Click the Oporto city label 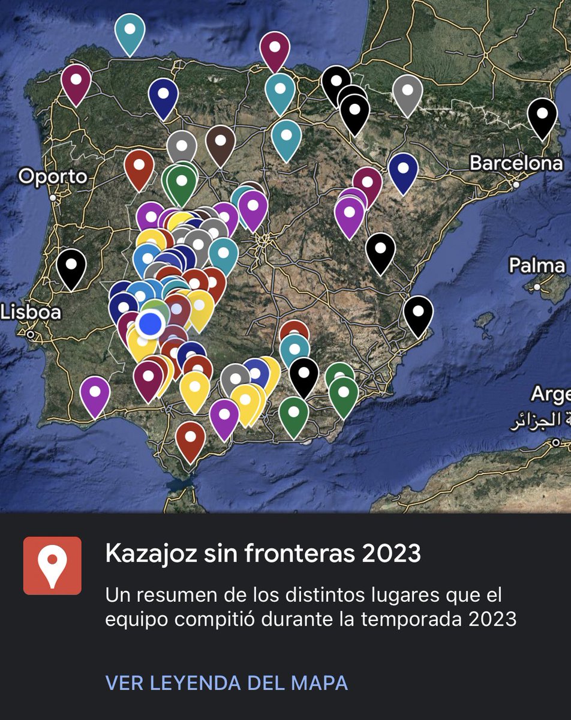pyautogui.click(x=53, y=176)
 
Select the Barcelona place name pyautogui.click(x=516, y=163)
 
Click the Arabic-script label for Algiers pyautogui.click(x=539, y=421)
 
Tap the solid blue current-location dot pyautogui.click(x=150, y=323)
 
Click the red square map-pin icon pyautogui.click(x=52, y=566)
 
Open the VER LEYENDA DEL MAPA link pyautogui.click(x=226, y=682)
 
